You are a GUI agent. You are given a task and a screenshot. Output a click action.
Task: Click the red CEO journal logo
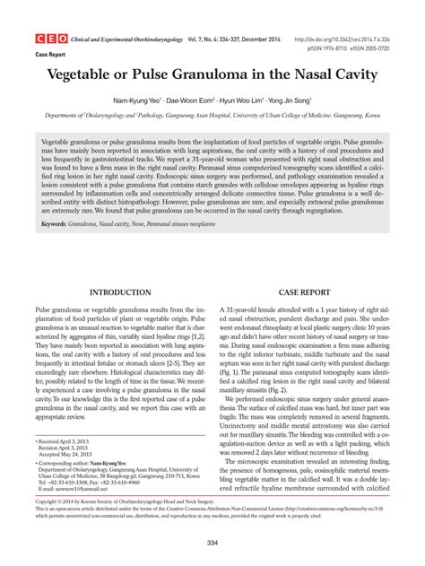(x=49, y=39)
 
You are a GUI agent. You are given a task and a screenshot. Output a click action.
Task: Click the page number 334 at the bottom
(x=212, y=544)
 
